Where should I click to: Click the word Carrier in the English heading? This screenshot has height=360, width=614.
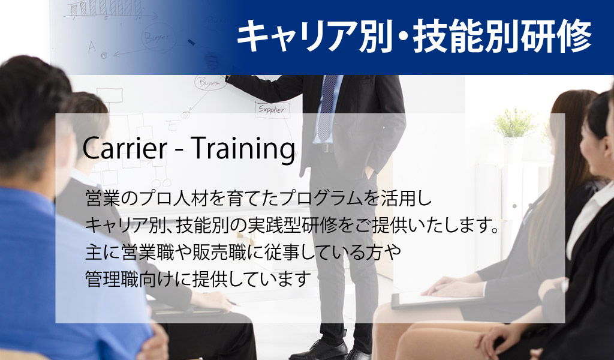[125, 148]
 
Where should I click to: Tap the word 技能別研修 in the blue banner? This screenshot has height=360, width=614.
[502, 37]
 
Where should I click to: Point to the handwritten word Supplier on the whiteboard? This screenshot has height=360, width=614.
[272, 109]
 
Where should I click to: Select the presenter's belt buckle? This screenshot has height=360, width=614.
[324, 148]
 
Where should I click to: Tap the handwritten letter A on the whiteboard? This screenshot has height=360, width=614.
[92, 47]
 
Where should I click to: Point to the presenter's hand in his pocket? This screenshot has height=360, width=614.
[369, 171]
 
